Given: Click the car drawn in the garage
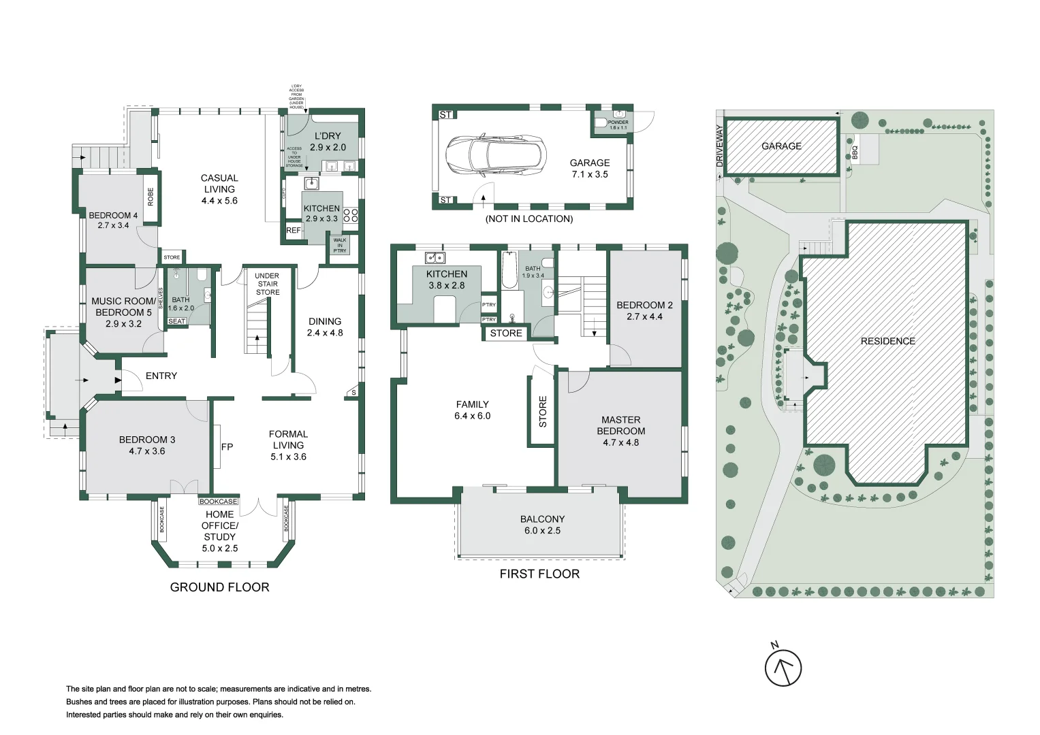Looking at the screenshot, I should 495,153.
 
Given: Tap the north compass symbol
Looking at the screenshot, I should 783,668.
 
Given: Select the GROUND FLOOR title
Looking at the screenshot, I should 219,587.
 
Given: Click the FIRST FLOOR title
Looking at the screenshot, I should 539,574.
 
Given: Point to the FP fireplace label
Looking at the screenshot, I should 227,446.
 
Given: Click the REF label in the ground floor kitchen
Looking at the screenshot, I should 294,231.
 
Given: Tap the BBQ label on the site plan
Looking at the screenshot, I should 855,152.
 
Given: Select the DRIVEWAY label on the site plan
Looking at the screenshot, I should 719,146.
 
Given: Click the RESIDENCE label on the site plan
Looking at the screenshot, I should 887,341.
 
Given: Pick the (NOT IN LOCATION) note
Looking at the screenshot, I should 529,218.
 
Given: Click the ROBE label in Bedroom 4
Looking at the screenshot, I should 151,197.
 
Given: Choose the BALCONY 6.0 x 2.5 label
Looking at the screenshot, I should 542,525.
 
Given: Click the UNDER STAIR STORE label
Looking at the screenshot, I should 267,284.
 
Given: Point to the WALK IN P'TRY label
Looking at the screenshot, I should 339,245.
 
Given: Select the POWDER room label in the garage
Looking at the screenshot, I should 618,125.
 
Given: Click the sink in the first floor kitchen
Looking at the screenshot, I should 435,257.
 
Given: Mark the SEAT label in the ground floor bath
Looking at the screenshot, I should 176,321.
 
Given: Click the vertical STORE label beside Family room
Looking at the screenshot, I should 543,412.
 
